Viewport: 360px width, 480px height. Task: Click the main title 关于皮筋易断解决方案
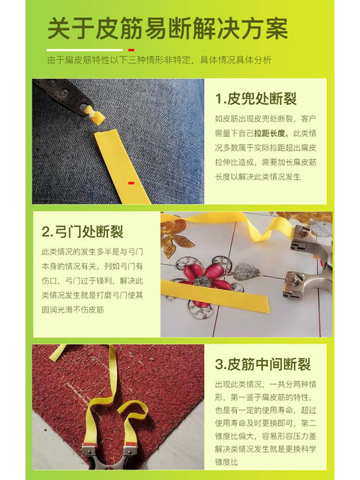click(167, 29)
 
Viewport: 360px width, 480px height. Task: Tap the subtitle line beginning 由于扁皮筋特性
click(159, 60)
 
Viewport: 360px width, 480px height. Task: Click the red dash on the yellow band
click(130, 182)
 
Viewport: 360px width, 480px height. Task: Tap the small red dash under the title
click(131, 49)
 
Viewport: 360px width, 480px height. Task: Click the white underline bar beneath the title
click(84, 49)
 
